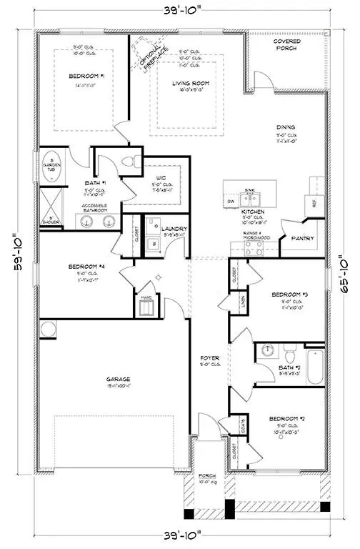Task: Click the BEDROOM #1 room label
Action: [x=87, y=76]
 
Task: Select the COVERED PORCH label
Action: [x=286, y=45]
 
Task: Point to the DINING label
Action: [x=286, y=127]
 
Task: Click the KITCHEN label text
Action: [x=254, y=212]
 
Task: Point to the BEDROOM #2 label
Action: [x=286, y=418]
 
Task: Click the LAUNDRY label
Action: [x=174, y=228]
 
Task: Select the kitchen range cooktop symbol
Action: [x=254, y=248]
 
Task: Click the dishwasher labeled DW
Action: [x=231, y=202]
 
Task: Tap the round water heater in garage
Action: [x=47, y=329]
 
